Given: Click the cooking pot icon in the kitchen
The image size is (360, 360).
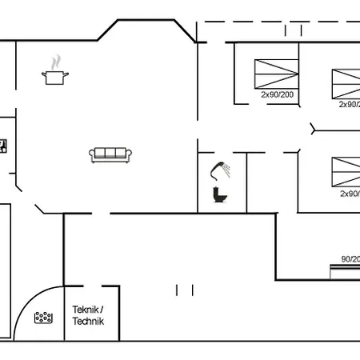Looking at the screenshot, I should point(54,77).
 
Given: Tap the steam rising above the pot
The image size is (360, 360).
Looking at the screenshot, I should point(55,62).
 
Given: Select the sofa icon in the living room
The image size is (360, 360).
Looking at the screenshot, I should point(110,154).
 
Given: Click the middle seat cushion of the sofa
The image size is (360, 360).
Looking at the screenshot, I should point(110,154).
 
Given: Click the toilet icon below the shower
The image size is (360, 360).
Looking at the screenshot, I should point(218,194).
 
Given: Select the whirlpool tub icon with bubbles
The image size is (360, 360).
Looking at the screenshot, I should point(43,318).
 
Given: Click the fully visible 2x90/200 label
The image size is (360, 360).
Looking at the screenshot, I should point(277,94).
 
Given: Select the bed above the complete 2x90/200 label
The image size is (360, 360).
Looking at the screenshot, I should point(276,74).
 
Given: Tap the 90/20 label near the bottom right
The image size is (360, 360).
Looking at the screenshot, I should point(350,258).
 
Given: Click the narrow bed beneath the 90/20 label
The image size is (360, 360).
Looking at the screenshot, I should point(346,271).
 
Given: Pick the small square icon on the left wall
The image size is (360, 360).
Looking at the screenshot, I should point(3,145).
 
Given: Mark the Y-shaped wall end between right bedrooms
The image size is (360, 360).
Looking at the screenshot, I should point(313,128).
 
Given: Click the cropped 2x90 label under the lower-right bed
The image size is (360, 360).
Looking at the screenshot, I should point(350,193).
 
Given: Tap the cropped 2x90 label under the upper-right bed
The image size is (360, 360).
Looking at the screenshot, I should point(349,104).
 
